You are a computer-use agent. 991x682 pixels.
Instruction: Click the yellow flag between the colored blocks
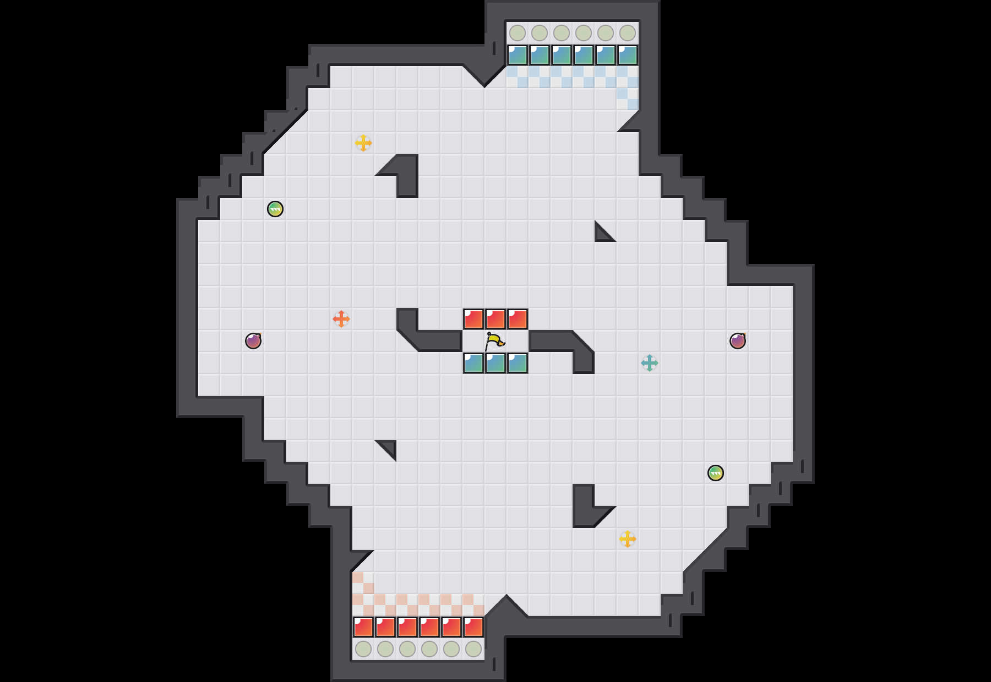click(494, 342)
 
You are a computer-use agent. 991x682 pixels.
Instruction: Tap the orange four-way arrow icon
click(341, 319)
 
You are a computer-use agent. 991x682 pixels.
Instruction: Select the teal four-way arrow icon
click(650, 363)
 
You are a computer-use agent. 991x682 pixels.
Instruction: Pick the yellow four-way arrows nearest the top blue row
click(363, 143)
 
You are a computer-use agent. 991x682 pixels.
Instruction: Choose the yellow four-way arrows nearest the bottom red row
click(628, 539)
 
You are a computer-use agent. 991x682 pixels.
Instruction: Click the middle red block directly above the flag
click(495, 319)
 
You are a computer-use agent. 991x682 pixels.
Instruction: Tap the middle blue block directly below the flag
click(495, 363)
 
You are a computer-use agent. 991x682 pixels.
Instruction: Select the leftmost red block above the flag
click(473, 319)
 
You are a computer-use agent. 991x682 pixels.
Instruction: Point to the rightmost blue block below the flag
click(518, 363)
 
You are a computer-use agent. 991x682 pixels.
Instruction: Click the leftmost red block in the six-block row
click(363, 627)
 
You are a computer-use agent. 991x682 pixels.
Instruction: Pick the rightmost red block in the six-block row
click(473, 627)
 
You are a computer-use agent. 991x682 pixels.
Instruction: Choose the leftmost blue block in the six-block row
click(518, 55)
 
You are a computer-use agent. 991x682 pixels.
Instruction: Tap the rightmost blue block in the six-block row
click(628, 55)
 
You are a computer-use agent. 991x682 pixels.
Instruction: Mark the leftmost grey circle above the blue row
click(518, 33)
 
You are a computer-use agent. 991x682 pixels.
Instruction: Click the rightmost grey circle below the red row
click(473, 649)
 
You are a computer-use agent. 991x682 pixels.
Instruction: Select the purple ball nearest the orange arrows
click(253, 341)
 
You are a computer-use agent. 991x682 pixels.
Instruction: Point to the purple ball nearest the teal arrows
click(738, 341)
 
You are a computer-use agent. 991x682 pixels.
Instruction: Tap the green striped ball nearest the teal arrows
click(716, 473)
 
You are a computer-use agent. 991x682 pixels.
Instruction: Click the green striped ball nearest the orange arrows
click(275, 209)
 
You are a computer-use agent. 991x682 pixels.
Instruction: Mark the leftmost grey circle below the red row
click(363, 649)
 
